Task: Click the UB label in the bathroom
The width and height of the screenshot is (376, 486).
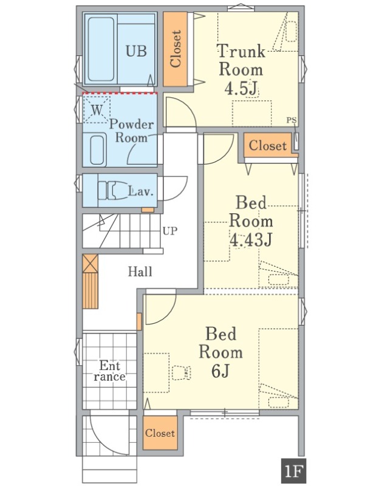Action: tap(136, 51)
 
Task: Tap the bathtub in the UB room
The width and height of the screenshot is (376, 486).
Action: tap(101, 49)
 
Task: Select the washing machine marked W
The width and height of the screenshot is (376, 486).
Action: tap(97, 109)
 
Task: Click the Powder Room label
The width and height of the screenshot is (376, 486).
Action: tap(131, 131)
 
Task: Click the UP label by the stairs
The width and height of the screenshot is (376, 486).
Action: tap(170, 231)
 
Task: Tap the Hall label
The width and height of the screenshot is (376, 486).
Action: tap(140, 272)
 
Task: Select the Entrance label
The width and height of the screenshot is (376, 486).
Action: tap(110, 371)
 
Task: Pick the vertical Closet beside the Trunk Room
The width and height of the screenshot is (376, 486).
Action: tap(176, 49)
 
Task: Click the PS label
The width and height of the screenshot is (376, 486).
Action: tap(291, 120)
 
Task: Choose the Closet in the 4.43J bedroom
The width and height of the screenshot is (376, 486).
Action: tap(267, 145)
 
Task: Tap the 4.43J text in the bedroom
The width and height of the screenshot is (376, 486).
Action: tap(251, 239)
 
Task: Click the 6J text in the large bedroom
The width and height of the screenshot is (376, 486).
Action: tap(220, 371)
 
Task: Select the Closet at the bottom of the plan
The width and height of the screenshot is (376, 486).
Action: tap(160, 433)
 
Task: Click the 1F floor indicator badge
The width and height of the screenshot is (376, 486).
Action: tap(293, 472)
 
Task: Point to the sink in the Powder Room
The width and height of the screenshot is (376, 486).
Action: tap(98, 151)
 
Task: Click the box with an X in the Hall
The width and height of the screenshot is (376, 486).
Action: tap(90, 264)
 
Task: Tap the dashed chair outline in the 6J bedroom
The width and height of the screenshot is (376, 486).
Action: tap(181, 372)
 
